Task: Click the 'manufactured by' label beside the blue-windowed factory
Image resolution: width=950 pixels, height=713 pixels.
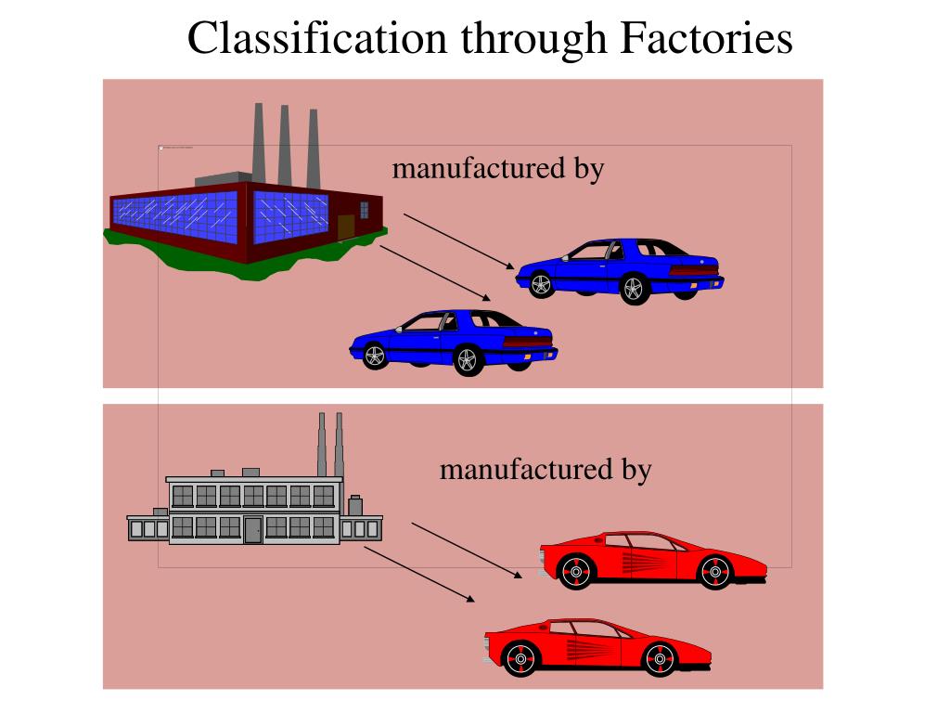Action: pyautogui.click(x=497, y=169)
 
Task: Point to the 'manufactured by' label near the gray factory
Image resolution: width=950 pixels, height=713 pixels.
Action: pyautogui.click(x=546, y=470)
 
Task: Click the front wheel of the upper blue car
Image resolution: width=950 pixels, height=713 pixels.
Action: pyautogui.click(x=541, y=284)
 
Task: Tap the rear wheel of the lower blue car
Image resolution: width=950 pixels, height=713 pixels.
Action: pyautogui.click(x=468, y=360)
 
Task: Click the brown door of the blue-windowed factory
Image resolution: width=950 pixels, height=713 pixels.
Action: pyautogui.click(x=346, y=227)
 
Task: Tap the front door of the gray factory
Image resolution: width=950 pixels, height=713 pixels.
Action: pyautogui.click(x=252, y=529)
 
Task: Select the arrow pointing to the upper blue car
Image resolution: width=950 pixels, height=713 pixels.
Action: pyautogui.click(x=458, y=241)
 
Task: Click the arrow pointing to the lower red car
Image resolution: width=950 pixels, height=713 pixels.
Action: pyautogui.click(x=418, y=574)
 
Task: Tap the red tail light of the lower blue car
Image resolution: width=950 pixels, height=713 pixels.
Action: pyautogui.click(x=526, y=343)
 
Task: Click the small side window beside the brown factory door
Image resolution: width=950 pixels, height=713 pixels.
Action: pyautogui.click(x=365, y=210)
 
